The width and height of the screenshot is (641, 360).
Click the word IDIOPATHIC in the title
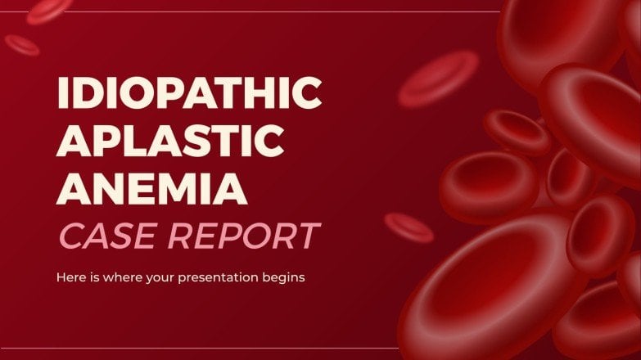(x=189, y=97)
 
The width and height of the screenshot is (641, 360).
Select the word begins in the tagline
(x=282, y=277)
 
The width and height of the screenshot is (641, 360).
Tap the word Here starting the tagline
(x=70, y=277)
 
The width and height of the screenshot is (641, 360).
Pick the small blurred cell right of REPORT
(x=409, y=227)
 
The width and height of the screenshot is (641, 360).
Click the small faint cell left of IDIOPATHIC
(x=22, y=45)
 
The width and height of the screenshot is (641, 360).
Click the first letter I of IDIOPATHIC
(x=61, y=97)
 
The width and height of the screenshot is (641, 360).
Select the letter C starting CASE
(x=68, y=236)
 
